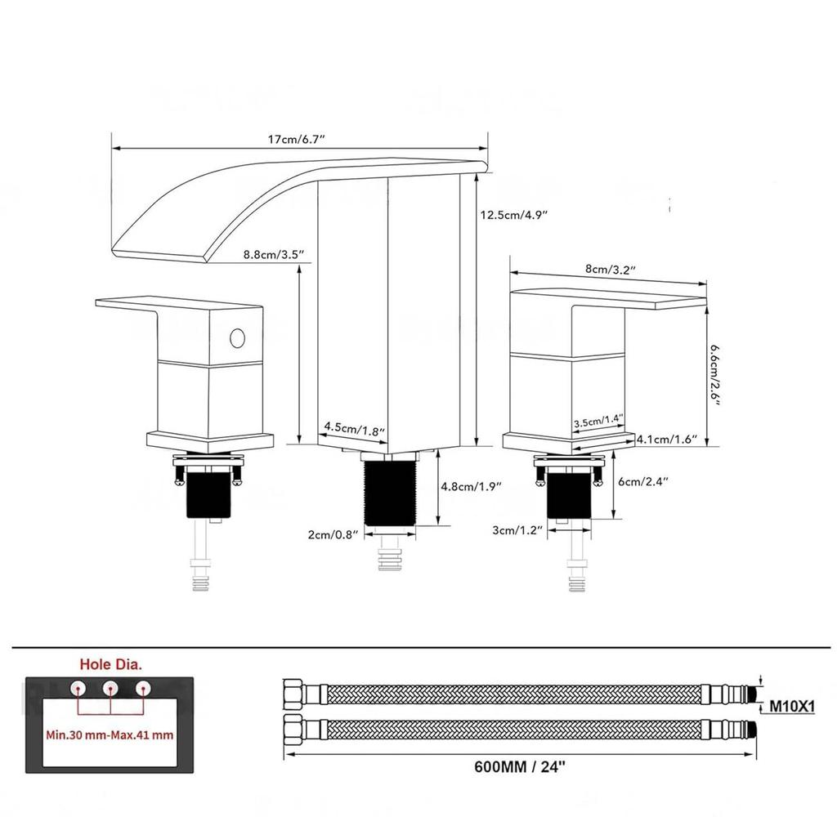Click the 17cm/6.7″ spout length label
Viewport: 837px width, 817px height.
click(x=296, y=140)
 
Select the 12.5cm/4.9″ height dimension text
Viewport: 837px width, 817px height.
click(x=514, y=215)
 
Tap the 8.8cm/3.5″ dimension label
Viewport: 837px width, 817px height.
click(x=273, y=255)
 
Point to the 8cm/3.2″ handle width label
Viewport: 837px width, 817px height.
click(x=610, y=269)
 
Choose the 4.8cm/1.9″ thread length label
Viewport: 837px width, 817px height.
click(x=472, y=486)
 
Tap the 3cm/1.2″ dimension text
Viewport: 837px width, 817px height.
click(x=517, y=530)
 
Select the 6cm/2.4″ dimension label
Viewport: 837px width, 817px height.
click(x=642, y=481)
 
